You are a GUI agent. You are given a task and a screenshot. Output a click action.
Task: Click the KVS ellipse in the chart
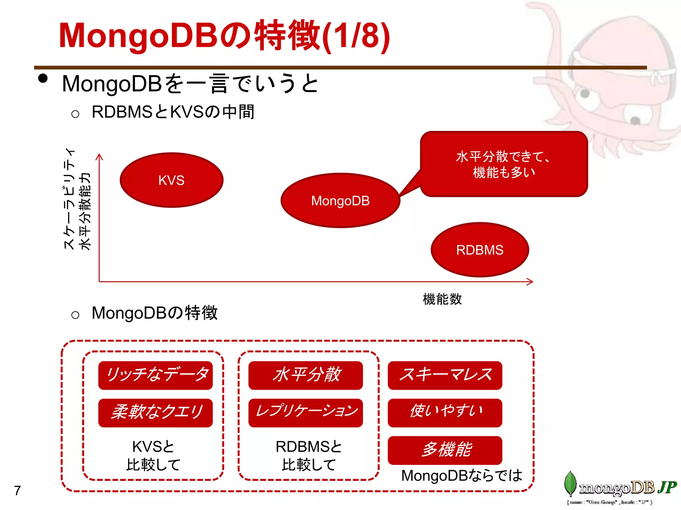171,180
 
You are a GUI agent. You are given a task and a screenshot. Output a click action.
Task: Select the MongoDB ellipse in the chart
340,201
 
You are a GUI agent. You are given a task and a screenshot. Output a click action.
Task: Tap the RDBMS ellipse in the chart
479,250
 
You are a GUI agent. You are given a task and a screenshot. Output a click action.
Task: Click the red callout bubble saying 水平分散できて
504,164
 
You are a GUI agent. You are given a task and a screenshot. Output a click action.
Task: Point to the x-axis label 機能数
442,299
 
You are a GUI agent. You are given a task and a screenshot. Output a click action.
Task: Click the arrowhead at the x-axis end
531,282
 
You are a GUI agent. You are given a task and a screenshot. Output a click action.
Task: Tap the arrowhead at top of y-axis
99,156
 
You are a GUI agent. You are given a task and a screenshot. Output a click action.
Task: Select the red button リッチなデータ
155,375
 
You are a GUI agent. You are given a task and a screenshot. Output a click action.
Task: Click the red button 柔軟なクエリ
155,413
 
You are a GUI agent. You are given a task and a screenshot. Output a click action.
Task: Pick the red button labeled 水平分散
305,375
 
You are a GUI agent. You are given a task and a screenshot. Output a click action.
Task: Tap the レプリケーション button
305,413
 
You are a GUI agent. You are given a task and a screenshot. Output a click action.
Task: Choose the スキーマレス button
445,375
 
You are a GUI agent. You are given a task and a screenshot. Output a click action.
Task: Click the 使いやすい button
445,413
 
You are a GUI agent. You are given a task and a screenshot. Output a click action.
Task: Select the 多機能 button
445,450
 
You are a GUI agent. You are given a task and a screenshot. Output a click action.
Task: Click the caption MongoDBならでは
462,475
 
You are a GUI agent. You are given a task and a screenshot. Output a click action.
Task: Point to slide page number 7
18,490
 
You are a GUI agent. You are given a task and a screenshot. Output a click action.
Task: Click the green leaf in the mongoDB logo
570,483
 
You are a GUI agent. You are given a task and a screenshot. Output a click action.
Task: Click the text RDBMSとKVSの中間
173,112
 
